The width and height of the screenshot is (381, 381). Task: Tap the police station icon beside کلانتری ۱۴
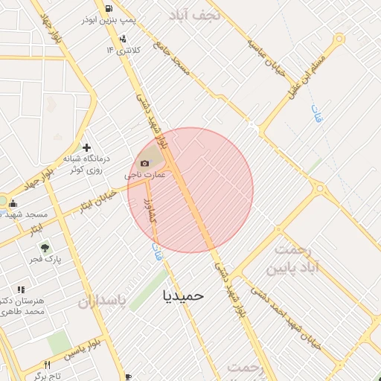[x=123, y=39]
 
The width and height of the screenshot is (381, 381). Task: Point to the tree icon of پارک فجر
[x=45, y=248]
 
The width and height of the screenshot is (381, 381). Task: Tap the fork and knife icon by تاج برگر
[x=48, y=365]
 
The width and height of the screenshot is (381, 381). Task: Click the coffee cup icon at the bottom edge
[x=129, y=377]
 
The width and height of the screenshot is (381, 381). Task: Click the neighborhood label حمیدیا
[x=183, y=295]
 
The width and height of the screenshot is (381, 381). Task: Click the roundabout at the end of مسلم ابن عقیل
[x=339, y=39]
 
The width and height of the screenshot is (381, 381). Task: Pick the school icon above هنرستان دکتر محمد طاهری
[x=21, y=289]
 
